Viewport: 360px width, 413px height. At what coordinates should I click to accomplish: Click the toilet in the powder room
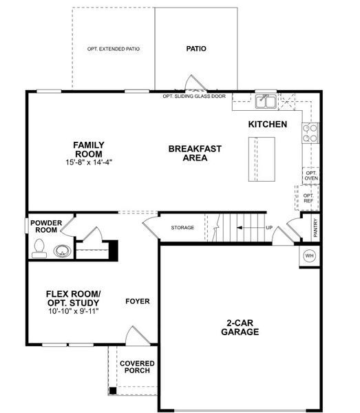38,251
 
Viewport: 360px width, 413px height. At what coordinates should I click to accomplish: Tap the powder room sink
63,251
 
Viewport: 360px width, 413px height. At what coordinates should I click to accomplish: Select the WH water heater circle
309,255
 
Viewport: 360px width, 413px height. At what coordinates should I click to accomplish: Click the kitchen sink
266,103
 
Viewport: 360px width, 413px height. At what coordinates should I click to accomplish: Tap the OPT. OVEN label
311,176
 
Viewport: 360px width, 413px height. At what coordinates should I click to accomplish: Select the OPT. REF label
308,198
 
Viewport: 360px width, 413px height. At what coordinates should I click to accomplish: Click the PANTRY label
315,228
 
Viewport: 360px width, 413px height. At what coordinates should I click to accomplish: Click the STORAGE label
182,228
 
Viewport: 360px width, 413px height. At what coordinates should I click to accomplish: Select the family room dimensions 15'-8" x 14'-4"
89,162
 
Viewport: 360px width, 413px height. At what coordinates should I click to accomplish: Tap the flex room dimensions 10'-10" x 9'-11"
72,311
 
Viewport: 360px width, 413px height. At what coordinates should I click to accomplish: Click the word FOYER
138,301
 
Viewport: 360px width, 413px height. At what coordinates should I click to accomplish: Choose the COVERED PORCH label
137,366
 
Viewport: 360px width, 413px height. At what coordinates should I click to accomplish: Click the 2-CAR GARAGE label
240,327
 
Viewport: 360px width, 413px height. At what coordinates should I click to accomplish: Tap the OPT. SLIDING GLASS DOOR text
193,97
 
